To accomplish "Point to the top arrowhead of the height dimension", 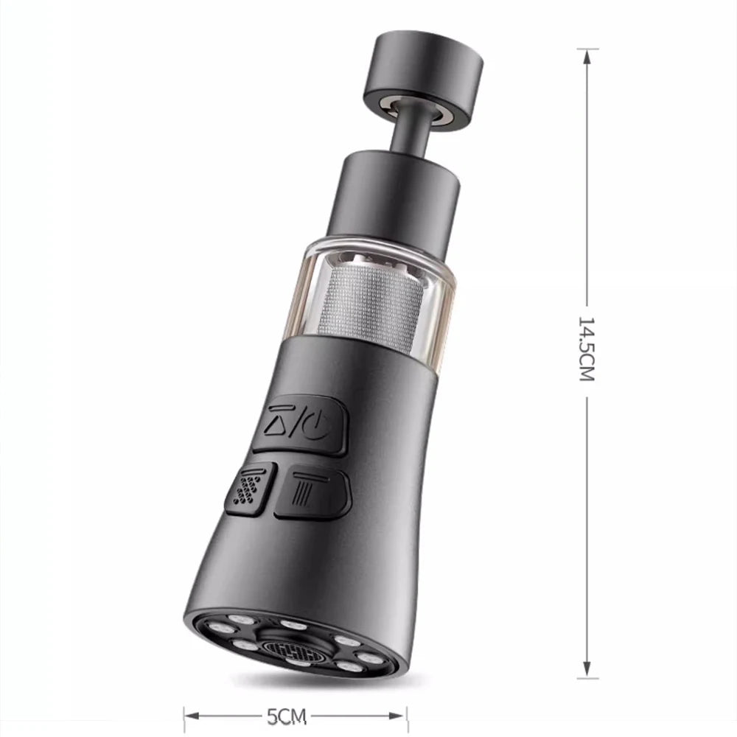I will coord(587,55).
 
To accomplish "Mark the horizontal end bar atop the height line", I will coord(587,49).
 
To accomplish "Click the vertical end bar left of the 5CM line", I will coord(184,716).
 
